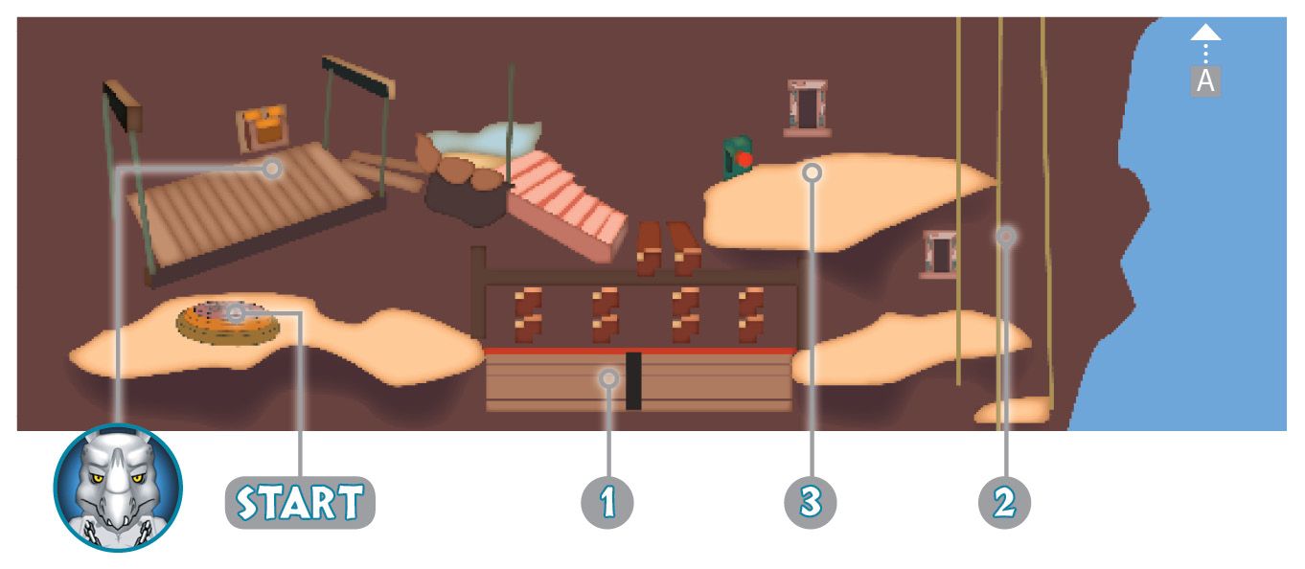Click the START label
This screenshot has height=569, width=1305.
(x=300, y=503)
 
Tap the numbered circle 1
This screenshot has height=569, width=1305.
(x=607, y=503)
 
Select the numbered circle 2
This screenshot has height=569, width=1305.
(x=1005, y=503)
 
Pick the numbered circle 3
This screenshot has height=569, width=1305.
(x=811, y=503)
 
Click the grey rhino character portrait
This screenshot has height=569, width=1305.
(x=118, y=488)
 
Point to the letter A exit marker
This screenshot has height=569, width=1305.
(x=1205, y=81)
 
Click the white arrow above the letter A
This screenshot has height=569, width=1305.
(x=1205, y=33)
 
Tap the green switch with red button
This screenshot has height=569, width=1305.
(x=738, y=157)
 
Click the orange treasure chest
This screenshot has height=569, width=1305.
(x=263, y=128)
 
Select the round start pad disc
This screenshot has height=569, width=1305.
(x=228, y=324)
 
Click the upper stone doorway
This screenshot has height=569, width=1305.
(x=808, y=107)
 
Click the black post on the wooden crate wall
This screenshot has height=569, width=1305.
(x=634, y=381)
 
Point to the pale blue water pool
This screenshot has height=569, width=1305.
(x=487, y=139)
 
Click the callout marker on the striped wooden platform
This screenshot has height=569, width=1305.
(x=271, y=169)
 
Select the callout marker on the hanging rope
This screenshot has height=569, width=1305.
(x=1006, y=236)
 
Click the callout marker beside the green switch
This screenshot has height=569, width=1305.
(x=812, y=173)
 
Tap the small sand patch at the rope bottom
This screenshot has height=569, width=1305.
(x=1013, y=410)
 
